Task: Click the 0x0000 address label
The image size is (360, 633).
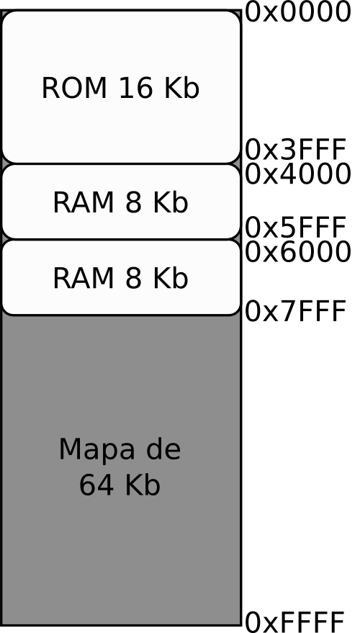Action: [298, 12]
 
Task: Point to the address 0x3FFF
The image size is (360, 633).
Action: [296, 150]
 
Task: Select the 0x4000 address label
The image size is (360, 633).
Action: [298, 174]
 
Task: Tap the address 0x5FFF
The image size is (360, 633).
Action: [296, 228]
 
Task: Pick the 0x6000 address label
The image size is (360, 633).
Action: [298, 252]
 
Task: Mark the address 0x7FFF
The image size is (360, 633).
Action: [296, 311]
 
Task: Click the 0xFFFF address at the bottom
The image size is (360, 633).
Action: [295, 621]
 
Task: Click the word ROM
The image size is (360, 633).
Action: [74, 88]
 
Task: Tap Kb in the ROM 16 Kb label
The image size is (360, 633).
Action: [182, 87]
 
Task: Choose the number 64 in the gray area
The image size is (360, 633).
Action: [96, 485]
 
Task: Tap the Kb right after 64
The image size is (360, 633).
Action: [143, 485]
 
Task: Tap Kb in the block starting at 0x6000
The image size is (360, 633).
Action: [171, 278]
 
